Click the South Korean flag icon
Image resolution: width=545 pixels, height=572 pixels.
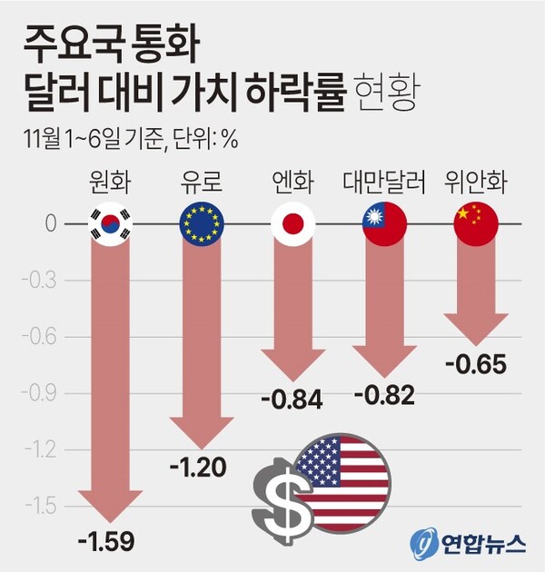(111, 223)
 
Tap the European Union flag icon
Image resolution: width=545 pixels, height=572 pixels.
(202, 223)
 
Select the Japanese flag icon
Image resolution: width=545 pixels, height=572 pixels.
(292, 223)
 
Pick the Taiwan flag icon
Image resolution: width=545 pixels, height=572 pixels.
(384, 223)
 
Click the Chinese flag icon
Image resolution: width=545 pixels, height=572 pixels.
(475, 223)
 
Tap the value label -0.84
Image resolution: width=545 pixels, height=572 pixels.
(292, 399)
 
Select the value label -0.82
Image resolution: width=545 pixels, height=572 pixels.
(384, 395)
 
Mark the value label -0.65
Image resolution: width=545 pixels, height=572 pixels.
(476, 364)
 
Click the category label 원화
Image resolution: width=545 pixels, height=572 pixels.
(111, 182)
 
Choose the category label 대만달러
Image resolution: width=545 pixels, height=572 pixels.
(384, 182)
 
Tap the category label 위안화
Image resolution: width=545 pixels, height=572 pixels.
(475, 182)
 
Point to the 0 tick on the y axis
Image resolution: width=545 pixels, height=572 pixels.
(52, 223)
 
